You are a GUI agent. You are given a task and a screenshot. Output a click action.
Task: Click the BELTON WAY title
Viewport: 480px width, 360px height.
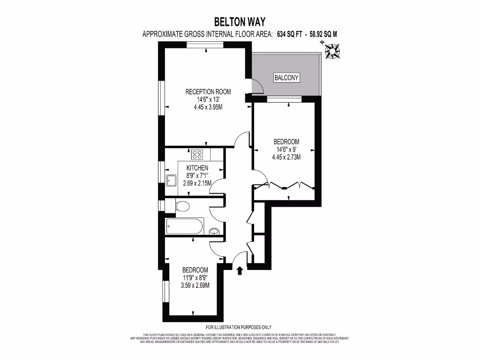240,22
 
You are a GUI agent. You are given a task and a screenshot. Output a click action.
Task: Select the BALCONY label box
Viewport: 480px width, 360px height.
286,78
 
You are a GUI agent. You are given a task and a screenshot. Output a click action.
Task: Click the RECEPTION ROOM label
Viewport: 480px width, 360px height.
208,91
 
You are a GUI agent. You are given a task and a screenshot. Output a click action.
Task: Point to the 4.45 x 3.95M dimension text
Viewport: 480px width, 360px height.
208,106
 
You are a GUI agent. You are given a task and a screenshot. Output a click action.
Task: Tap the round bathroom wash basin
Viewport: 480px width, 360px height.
214,230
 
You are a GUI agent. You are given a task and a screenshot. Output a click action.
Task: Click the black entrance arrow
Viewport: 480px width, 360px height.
240,270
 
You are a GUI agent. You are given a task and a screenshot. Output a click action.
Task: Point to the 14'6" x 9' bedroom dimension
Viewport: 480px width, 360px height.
286,150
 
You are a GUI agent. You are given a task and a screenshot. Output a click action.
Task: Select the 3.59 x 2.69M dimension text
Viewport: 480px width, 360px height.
195,285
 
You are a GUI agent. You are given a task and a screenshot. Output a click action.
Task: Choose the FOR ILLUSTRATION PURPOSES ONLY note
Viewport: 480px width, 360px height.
239,327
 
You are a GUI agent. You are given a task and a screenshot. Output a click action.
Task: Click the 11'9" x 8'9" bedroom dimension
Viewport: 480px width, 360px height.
195,277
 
